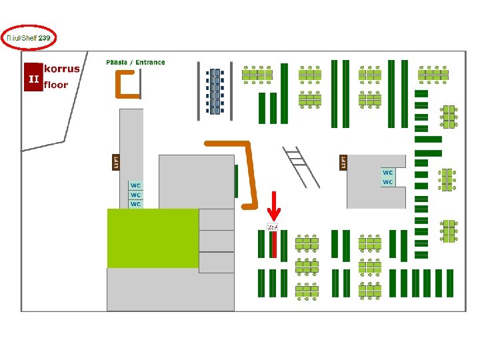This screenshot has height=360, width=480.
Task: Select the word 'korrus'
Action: (x=62, y=69)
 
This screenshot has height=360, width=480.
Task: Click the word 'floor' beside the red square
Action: (x=56, y=85)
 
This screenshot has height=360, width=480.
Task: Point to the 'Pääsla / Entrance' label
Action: (x=135, y=62)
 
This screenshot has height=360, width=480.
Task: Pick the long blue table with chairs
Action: (x=215, y=91)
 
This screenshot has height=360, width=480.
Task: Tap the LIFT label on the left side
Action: (x=114, y=162)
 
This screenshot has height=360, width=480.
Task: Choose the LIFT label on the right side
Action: (x=343, y=161)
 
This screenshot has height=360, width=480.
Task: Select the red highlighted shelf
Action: (x=273, y=244)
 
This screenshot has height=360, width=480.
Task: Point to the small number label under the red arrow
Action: (x=272, y=227)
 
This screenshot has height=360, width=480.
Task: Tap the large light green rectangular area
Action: (x=153, y=238)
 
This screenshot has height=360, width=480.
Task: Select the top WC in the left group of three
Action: (x=136, y=185)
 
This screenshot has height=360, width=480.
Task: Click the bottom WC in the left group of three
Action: (x=136, y=204)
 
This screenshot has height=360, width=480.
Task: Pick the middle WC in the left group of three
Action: (x=136, y=195)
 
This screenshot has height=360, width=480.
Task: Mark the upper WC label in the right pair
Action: (x=388, y=173)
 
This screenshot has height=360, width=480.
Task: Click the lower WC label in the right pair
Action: (x=388, y=182)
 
